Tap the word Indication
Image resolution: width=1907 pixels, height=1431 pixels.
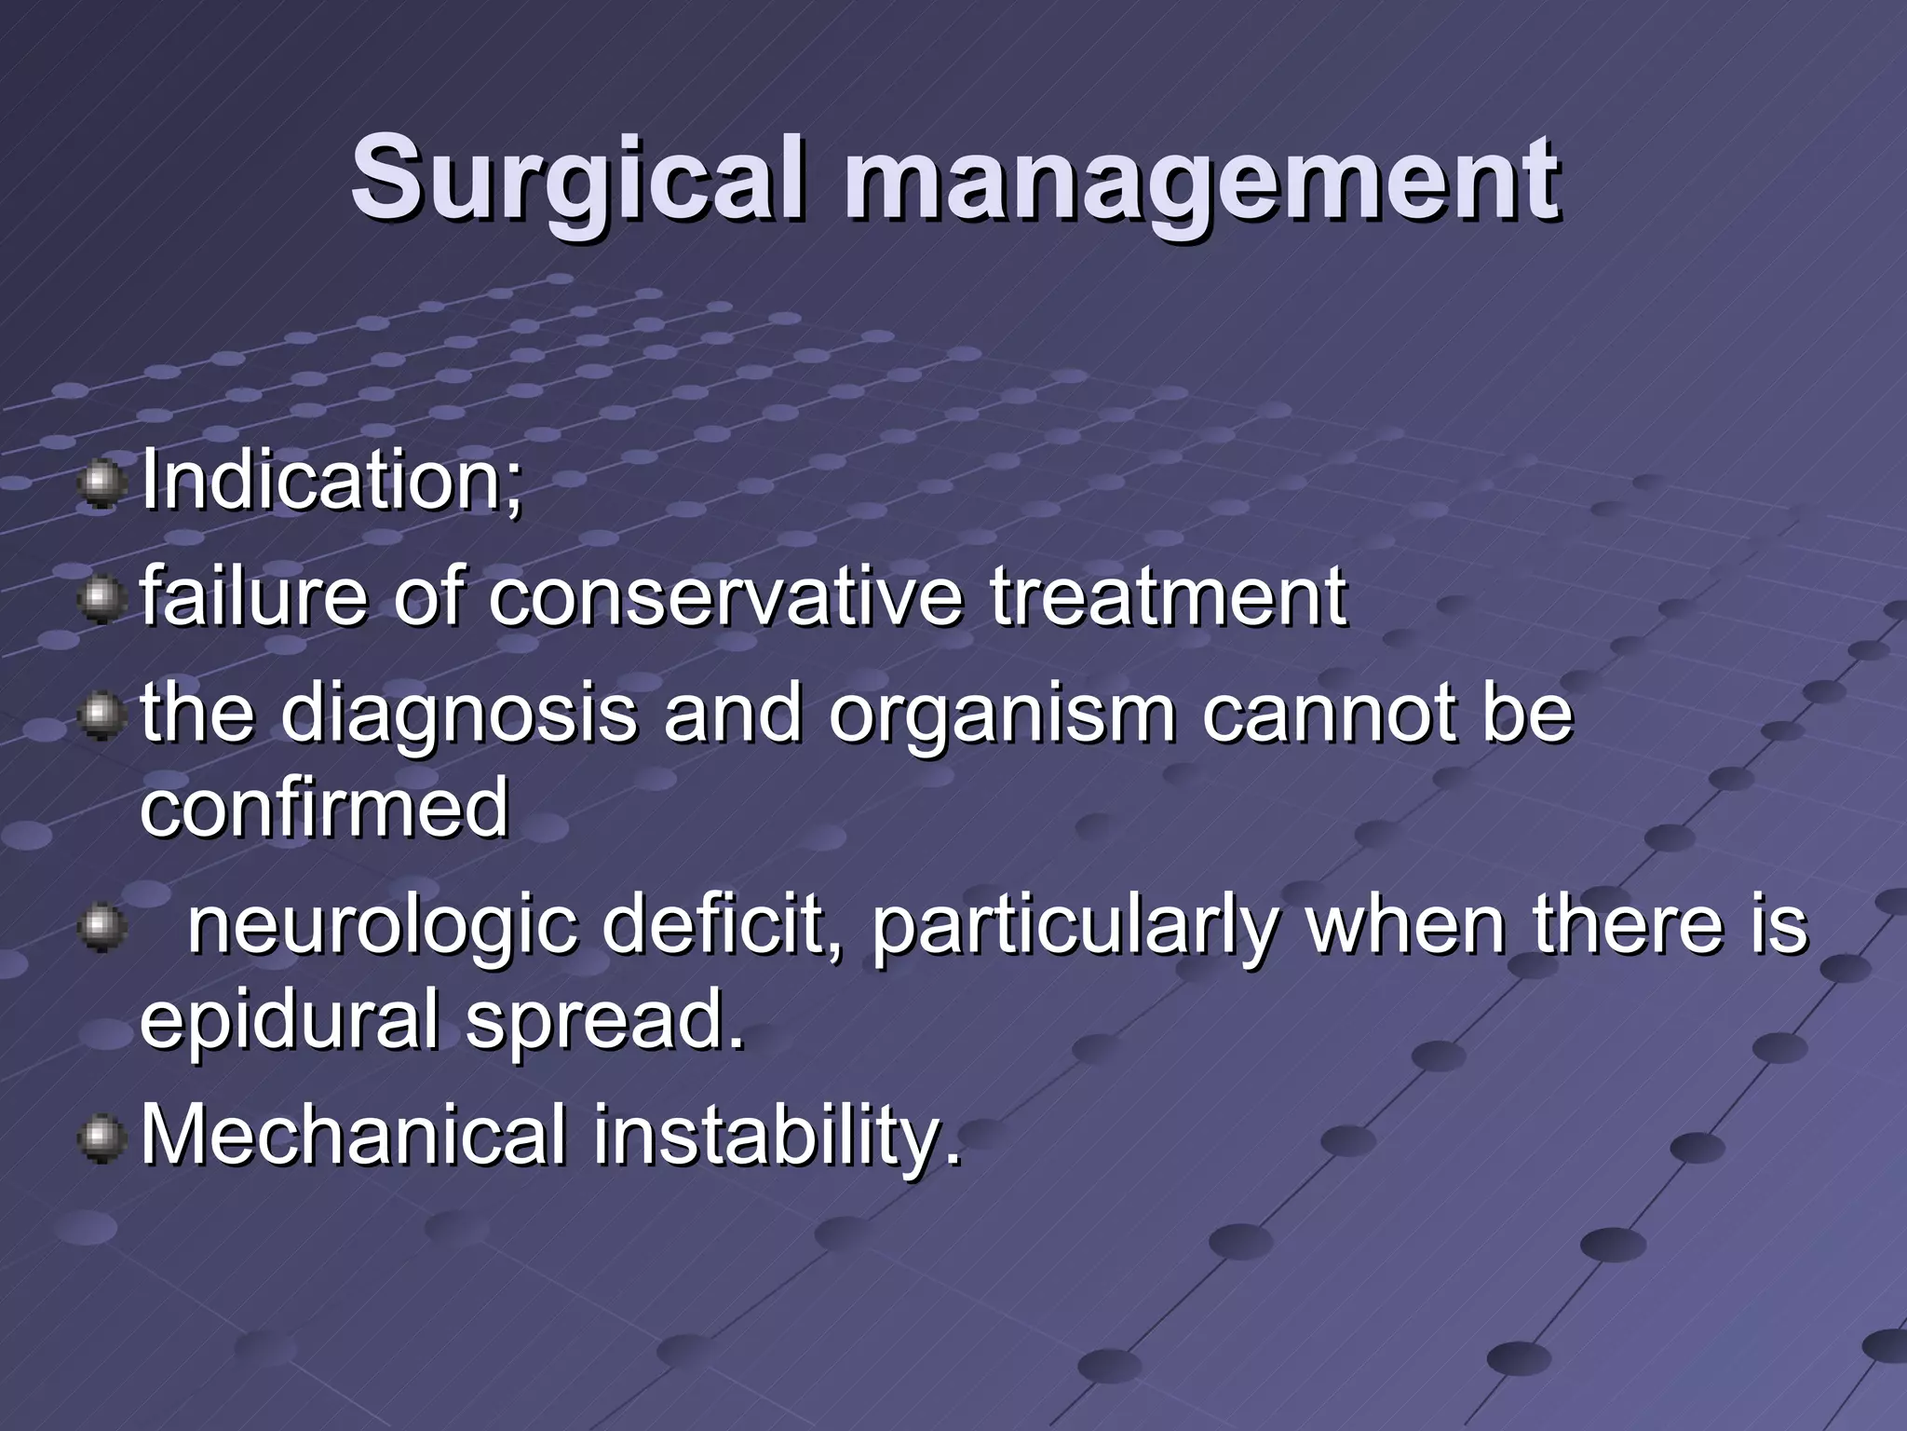click(x=331, y=482)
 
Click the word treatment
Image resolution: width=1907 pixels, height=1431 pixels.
click(x=1168, y=597)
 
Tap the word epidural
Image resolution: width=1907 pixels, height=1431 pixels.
click(x=289, y=1021)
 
